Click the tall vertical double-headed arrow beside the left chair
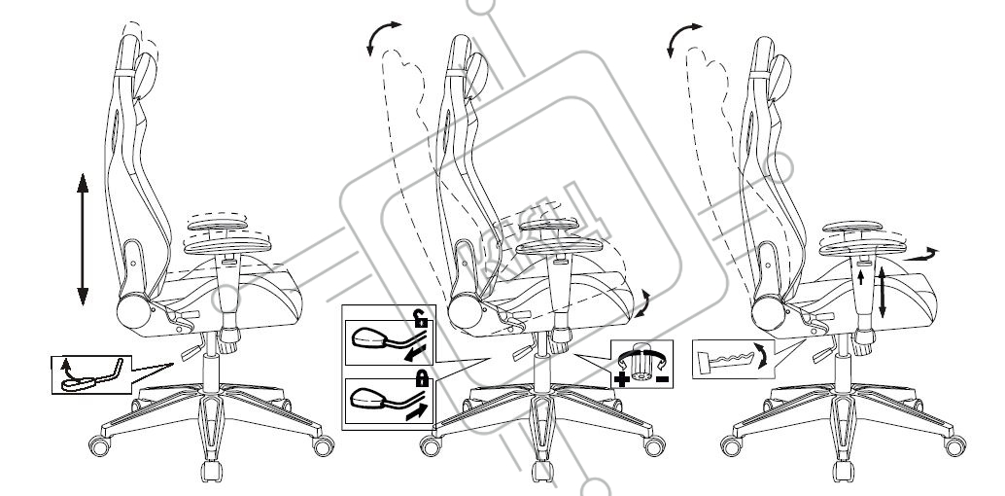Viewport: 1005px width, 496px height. (x=82, y=237)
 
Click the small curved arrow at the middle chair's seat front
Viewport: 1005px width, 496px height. (x=643, y=302)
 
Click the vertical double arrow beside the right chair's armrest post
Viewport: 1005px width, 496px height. (x=882, y=295)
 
